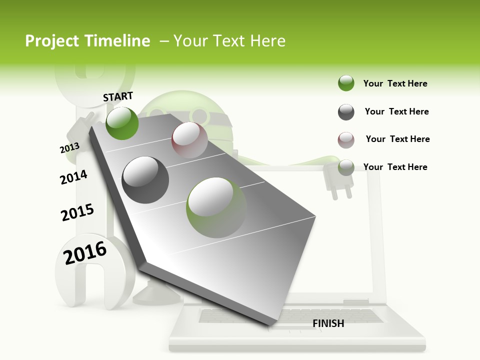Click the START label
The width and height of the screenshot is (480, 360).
(118, 96)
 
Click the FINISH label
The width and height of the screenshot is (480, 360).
(328, 323)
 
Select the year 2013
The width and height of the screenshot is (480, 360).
(69, 148)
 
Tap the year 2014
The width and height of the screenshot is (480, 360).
(73, 177)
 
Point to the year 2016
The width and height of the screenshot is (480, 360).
(85, 252)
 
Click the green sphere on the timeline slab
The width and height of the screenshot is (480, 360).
(122, 123)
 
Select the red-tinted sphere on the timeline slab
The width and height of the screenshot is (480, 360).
(189, 140)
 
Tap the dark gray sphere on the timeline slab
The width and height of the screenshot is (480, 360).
(145, 180)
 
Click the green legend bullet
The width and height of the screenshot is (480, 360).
(346, 83)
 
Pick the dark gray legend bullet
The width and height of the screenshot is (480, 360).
(346, 112)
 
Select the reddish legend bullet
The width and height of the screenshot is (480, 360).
(346, 140)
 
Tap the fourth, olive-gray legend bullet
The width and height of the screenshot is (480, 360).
(346, 167)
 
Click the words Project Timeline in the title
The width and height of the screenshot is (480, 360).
(87, 41)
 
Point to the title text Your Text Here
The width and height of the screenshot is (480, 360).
(229, 41)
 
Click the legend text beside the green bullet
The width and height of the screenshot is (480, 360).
(395, 83)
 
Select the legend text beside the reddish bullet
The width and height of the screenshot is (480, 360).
(397, 139)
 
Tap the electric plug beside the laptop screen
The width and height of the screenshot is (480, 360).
(338, 180)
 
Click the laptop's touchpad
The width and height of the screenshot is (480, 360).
(290, 327)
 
